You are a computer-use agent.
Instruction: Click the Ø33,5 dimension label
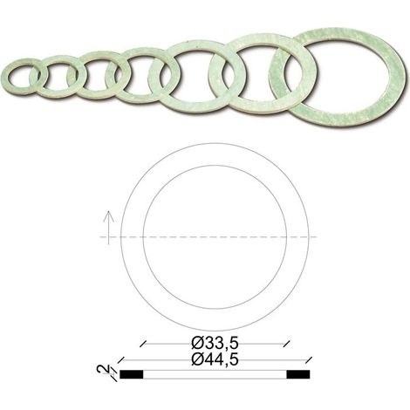coord(215,344)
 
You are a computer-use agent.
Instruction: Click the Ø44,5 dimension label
coord(215,359)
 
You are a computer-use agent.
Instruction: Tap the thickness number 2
coord(103,369)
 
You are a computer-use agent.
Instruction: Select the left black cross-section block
coord(132,374)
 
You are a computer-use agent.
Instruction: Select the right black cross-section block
coord(298,374)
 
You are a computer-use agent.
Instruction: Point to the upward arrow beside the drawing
coord(108,228)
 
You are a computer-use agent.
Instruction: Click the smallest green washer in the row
coord(6,76)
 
